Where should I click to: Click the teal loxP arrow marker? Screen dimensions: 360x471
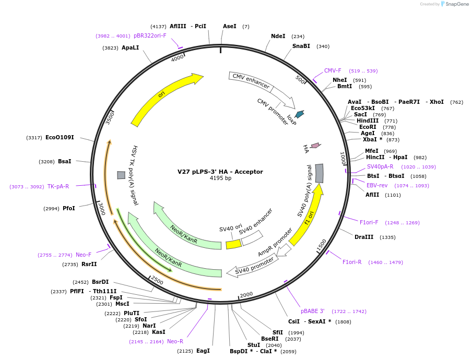coord(299,114)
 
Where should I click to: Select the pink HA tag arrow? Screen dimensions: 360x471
coord(315,146)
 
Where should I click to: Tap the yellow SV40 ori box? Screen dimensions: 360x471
coord(233,244)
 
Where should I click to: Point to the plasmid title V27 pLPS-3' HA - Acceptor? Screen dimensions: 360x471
coord(220,172)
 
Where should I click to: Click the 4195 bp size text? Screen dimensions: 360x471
coord(220,178)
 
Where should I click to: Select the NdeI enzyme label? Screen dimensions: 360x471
coord(278,37)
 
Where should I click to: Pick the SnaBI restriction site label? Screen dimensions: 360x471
coord(301,46)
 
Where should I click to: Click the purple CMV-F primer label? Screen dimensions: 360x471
coord(333,71)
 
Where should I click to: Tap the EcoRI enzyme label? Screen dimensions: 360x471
coord(367,127)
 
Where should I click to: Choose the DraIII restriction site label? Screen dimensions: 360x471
coord(364,237)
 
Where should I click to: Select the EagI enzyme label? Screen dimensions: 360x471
coord(203,351)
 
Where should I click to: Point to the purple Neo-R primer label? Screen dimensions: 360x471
coord(175,341)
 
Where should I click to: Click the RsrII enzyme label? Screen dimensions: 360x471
coord(89,264)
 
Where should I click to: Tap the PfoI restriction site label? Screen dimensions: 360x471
coord(69,208)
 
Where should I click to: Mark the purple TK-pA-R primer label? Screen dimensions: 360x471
coord(58,186)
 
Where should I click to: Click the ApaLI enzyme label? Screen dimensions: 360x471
coord(131,47)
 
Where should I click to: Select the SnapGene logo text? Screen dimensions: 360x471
coord(455,4)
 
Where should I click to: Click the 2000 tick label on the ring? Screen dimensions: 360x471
coord(246,295)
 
